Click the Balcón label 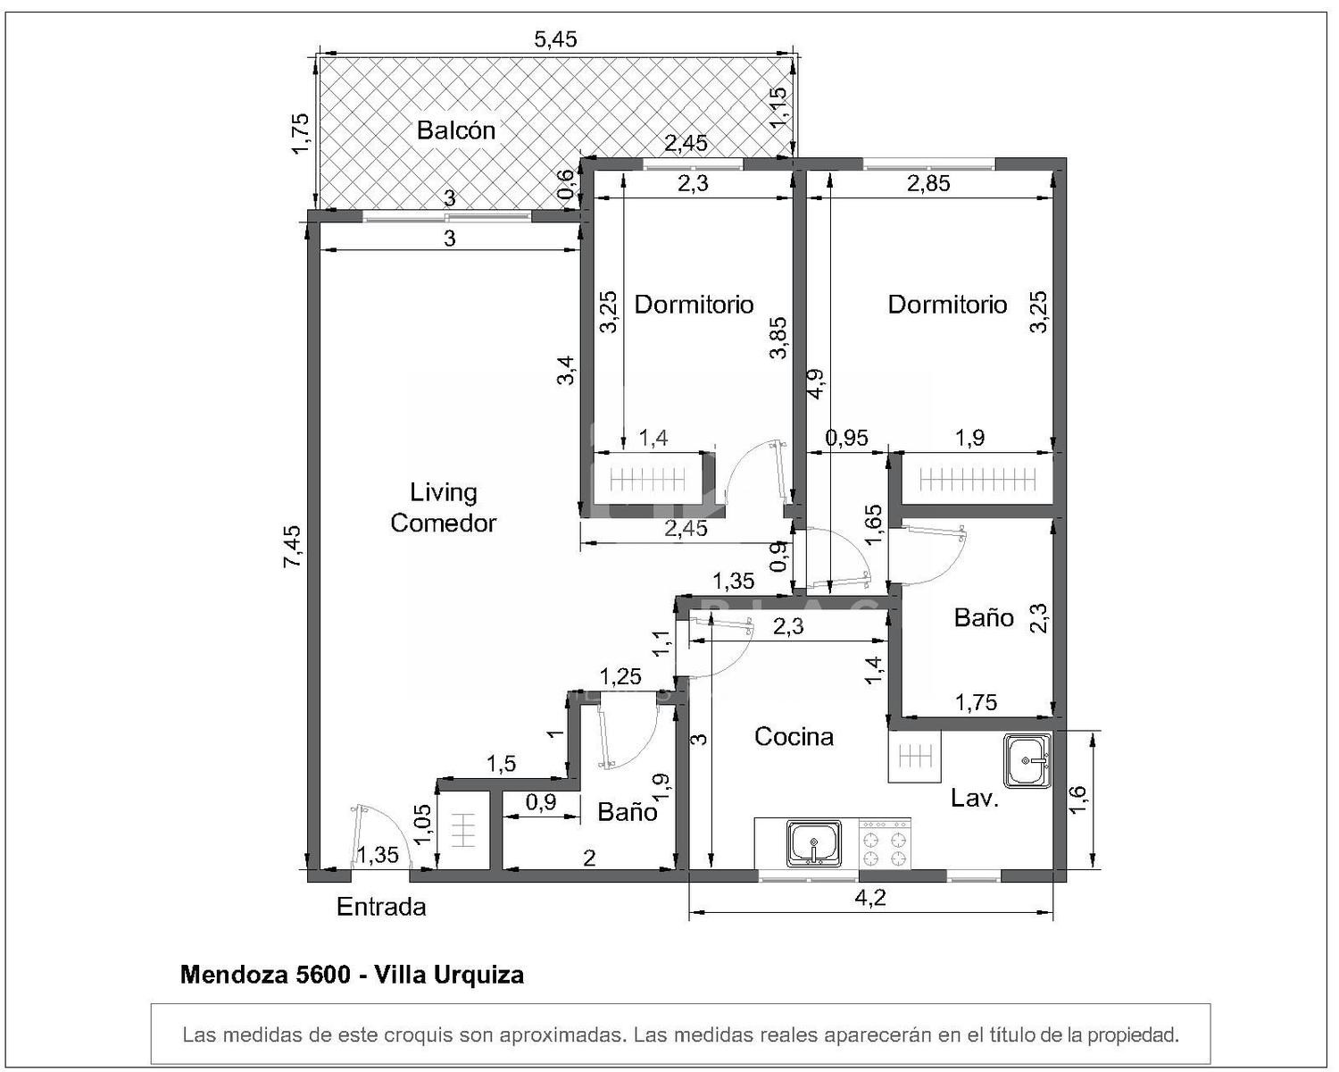(455, 130)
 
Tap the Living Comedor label (443, 507)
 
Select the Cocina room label (794, 736)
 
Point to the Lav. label (975, 798)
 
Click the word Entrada (381, 907)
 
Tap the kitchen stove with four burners (884, 843)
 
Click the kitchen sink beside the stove (813, 843)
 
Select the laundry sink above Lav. (1027, 760)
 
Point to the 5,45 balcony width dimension (555, 39)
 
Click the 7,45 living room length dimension (292, 547)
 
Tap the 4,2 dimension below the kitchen (870, 898)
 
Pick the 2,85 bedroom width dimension (928, 184)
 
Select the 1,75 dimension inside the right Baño (976, 703)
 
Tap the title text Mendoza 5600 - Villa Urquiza (352, 975)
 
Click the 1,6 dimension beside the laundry (1078, 800)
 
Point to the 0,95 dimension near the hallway (846, 438)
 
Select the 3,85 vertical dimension (778, 338)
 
